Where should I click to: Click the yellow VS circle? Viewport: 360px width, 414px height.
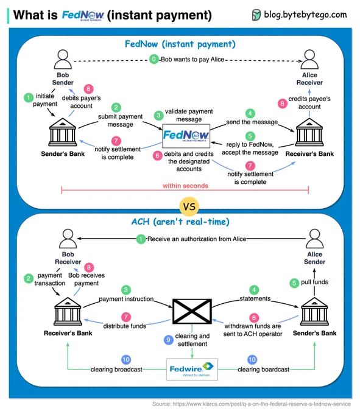pyautogui.click(x=189, y=206)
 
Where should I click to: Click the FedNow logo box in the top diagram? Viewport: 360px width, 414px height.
pyautogui.click(x=186, y=136)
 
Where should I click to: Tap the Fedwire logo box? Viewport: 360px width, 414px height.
pyautogui.click(x=192, y=369)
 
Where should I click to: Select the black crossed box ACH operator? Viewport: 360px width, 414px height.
pyautogui.click(x=192, y=311)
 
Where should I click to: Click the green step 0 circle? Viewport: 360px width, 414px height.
pyautogui.click(x=154, y=59)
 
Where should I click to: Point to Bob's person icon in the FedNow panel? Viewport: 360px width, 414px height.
pyautogui.click(x=63, y=60)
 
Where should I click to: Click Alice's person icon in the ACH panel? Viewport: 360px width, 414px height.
pyautogui.click(x=314, y=239)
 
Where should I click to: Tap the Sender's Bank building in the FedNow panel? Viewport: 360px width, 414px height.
pyautogui.click(x=63, y=132)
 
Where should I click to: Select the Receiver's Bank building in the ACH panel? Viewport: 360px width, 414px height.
pyautogui.click(x=68, y=311)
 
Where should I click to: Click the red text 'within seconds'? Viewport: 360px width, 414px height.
pyautogui.click(x=185, y=186)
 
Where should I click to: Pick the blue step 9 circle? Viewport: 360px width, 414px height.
pyautogui.click(x=168, y=340)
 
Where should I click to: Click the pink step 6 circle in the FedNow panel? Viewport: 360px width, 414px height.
pyautogui.click(x=157, y=155)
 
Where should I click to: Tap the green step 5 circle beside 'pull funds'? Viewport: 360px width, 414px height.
pyautogui.click(x=294, y=283)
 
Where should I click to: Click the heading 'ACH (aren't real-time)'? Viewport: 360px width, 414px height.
pyautogui.click(x=180, y=221)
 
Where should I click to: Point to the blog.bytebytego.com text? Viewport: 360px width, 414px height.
pyautogui.click(x=305, y=15)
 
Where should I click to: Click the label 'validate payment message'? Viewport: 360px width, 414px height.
pyautogui.click(x=189, y=115)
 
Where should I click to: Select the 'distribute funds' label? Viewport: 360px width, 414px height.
pyautogui.click(x=125, y=326)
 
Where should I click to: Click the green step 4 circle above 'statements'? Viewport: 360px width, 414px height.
pyautogui.click(x=254, y=290)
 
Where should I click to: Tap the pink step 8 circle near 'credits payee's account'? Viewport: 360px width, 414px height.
pyautogui.click(x=283, y=103)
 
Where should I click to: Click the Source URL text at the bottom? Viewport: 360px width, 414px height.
pyautogui.click(x=252, y=404)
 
